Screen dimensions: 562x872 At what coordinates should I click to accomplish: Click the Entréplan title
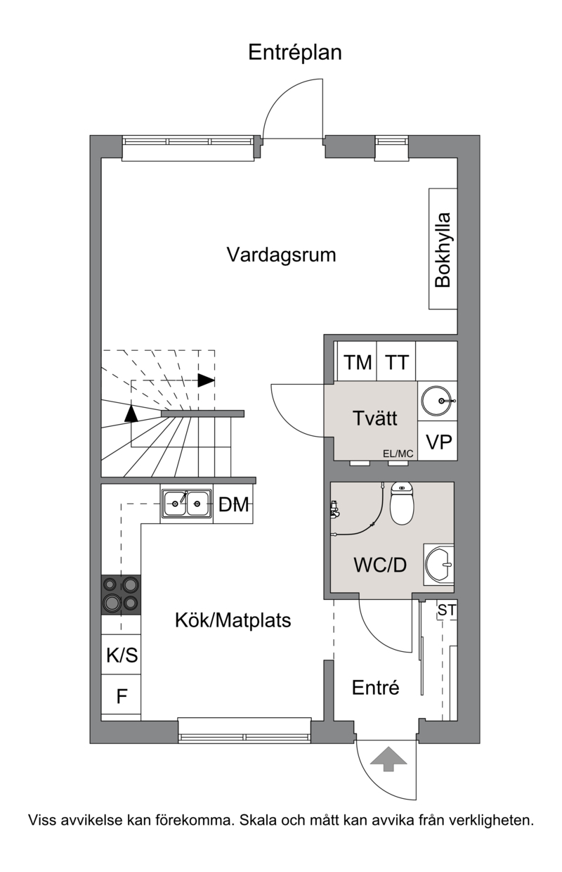coord(295,53)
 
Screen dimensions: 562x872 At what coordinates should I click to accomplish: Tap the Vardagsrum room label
coord(281,255)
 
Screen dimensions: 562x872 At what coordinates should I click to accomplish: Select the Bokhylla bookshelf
coord(443,249)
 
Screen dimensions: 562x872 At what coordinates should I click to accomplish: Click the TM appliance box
coord(357,361)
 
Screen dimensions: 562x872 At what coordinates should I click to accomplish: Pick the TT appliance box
coord(396,361)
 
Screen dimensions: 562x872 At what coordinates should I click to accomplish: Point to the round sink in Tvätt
coord(438,401)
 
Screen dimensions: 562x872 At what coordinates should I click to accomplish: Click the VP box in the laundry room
coord(438,441)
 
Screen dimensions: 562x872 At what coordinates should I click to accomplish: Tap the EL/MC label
coord(398,454)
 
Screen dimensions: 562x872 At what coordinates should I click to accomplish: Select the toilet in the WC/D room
coord(402,503)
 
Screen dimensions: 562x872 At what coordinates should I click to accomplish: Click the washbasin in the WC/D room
coord(439,564)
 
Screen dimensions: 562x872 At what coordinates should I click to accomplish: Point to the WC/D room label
coord(380,565)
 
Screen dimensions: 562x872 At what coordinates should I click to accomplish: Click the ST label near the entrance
coord(447,610)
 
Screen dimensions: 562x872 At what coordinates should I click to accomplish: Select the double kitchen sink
coord(187,504)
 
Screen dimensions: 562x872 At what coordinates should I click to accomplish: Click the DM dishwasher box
coord(233,504)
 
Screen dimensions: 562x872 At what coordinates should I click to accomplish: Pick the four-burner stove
coord(121,595)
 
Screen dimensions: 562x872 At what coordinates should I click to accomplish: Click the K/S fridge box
coord(121,655)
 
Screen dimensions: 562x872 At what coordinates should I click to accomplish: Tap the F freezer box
coord(121,694)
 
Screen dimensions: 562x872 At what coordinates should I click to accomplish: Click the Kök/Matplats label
coord(233,620)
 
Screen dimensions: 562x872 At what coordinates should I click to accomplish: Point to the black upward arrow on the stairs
coord(131,413)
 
